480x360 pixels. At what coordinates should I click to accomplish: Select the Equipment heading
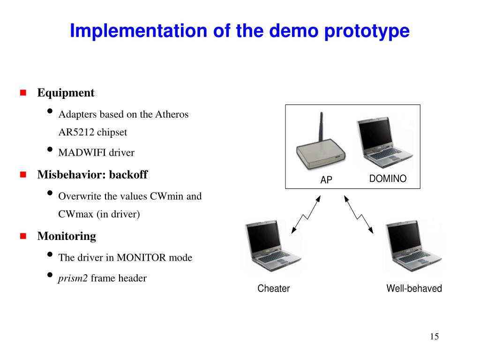[66, 93]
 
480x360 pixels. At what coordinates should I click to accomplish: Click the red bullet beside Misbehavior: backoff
[22, 175]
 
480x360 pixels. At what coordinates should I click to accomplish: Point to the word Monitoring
[67, 236]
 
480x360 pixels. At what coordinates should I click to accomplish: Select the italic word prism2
[73, 278]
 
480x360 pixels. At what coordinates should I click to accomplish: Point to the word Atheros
[172, 114]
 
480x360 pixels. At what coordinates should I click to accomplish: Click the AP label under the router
[326, 180]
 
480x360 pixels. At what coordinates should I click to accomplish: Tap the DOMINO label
[388, 179]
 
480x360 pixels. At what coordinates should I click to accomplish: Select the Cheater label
[274, 289]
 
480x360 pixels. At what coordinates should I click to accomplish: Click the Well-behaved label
[414, 289]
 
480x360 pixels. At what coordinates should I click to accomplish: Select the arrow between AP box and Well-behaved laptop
[359, 214]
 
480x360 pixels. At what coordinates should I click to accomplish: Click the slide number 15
[434, 337]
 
